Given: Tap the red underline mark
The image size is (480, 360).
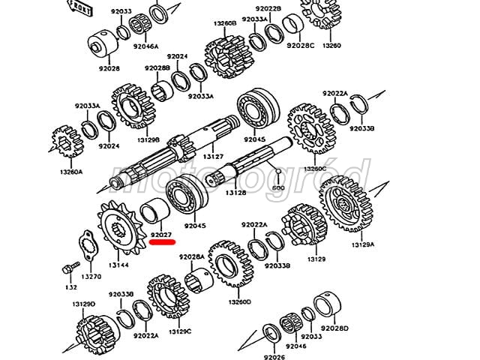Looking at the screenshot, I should [162, 244].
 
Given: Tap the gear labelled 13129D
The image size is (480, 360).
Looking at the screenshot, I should [94, 330].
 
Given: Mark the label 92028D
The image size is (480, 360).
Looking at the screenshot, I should [334, 328].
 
